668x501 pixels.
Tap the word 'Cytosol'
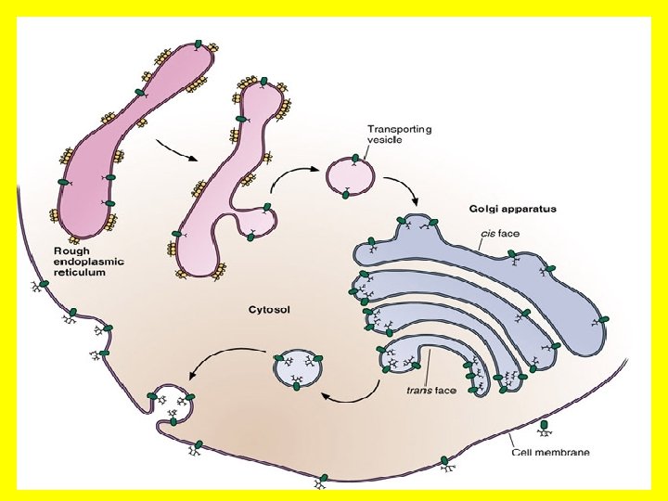pyautogui.click(x=269, y=309)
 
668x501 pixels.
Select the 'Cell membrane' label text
pyautogui.click(x=550, y=453)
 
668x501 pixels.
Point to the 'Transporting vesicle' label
pyautogui.click(x=399, y=135)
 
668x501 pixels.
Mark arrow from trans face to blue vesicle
pyautogui.click(x=355, y=397)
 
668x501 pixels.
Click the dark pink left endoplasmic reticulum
pyautogui.click(x=121, y=139)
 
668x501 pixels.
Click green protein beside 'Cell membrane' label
pyautogui.click(x=545, y=428)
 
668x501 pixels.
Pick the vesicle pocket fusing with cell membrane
pyautogui.click(x=171, y=405)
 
